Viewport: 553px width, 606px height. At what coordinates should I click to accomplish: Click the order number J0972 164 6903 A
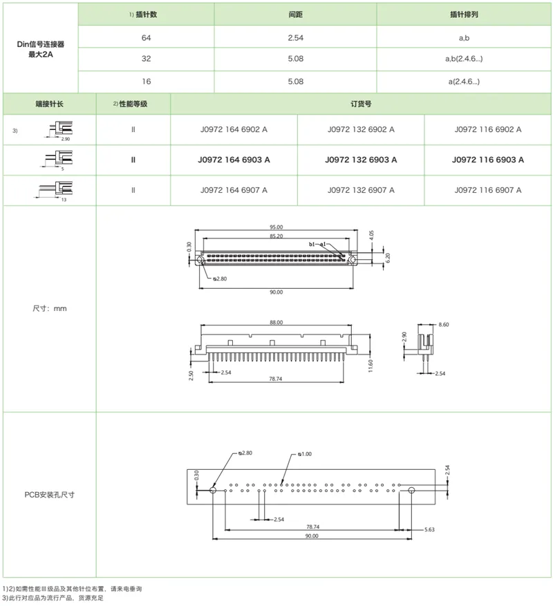[234, 160]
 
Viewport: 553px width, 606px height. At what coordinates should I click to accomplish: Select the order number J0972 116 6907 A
[488, 190]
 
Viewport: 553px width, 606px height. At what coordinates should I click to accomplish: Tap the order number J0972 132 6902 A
[361, 129]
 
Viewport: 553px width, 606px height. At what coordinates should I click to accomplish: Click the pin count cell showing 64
[147, 37]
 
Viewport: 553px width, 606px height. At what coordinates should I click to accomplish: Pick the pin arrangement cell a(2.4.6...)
[464, 82]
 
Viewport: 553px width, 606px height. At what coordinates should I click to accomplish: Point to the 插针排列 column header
[464, 15]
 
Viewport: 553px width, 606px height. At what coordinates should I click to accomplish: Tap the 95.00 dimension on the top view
[276, 227]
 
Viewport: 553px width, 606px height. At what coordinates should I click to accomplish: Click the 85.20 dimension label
[276, 236]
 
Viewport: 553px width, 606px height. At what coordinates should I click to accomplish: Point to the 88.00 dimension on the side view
[276, 321]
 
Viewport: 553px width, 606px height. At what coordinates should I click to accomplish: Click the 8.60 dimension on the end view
[443, 323]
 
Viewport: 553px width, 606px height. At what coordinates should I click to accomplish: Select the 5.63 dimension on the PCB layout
[428, 530]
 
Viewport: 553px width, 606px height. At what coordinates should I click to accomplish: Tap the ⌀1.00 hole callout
[305, 454]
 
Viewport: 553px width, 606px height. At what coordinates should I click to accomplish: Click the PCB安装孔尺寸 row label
[49, 495]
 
